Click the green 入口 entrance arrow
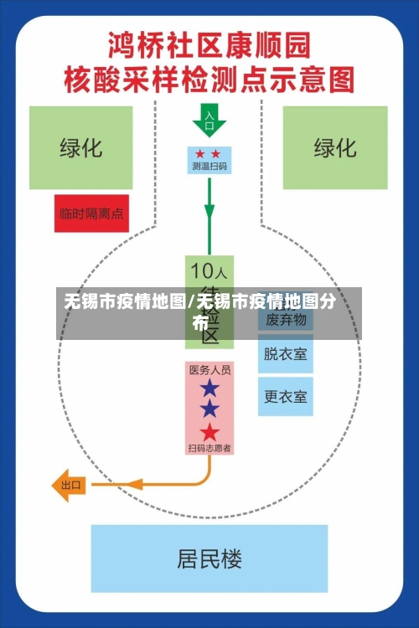pos(209,121)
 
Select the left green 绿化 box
pos(80,147)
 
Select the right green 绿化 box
pos(334,147)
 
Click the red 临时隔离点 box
pos(91,214)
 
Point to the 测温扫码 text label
pos(209,167)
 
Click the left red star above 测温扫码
pos(200,154)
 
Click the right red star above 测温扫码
pos(216,154)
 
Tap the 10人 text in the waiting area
pos(209,271)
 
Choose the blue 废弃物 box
pos(286,319)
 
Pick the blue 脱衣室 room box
pos(286,354)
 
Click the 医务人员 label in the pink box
pos(209,369)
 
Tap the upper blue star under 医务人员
pos(209,389)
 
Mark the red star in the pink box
pos(209,432)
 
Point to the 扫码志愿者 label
pos(209,448)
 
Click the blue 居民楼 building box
pos(209,559)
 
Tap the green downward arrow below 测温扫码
pos(209,214)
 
